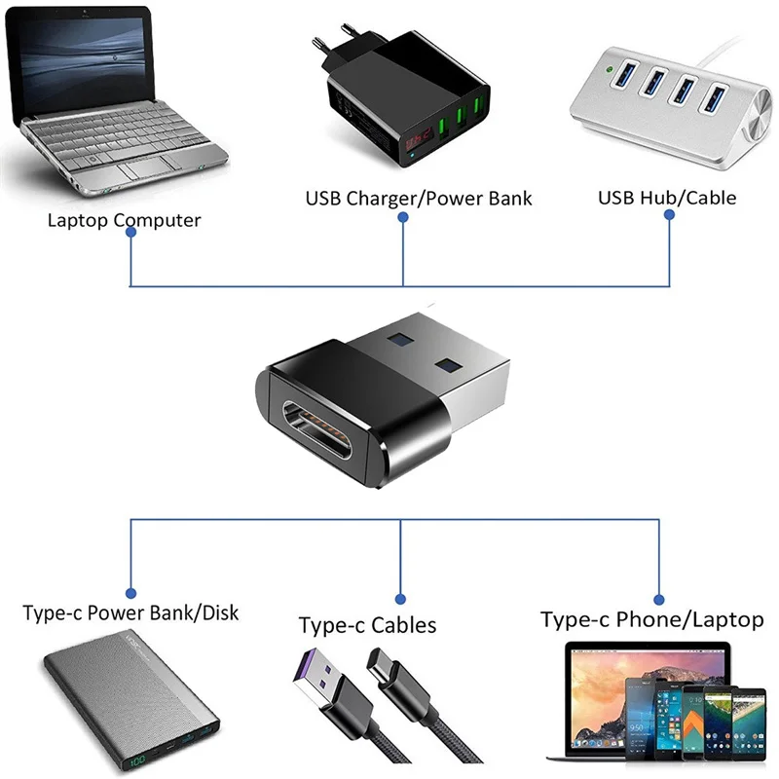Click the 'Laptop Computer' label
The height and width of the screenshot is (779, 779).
coord(124,220)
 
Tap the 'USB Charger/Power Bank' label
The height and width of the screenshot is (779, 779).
coord(419,199)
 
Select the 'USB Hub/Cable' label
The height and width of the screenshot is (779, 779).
coord(666,198)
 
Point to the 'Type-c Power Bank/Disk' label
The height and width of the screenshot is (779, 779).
coord(130,613)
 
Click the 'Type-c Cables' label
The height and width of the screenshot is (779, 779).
coord(367,625)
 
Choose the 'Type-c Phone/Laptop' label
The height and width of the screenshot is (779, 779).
coord(651,619)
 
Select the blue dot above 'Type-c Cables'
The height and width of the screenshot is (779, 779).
coord(401,598)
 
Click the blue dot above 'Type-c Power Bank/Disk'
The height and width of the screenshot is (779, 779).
coord(130,591)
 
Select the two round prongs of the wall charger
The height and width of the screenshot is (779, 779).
coord(332,39)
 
